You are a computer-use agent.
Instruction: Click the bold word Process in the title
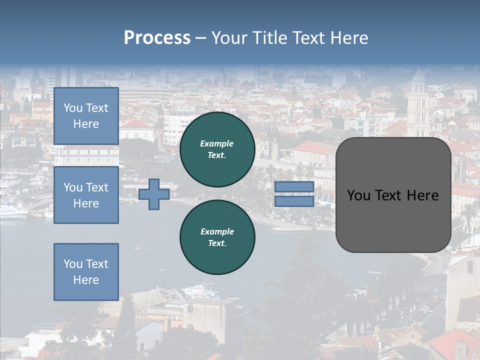[157, 38]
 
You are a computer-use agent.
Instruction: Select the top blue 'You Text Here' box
[86, 116]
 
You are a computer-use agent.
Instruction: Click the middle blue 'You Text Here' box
[86, 195]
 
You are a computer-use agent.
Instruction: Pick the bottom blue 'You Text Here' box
[86, 271]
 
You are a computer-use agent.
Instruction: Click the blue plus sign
[154, 194]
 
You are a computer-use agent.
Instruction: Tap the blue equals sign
[294, 194]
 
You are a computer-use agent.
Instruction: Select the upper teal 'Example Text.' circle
[217, 149]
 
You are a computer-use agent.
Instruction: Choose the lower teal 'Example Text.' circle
[217, 237]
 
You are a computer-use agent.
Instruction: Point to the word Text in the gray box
[395, 195]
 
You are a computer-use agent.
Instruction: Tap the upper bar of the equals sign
[294, 187]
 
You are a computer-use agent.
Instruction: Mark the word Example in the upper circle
[217, 143]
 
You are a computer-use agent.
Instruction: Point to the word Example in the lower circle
[217, 231]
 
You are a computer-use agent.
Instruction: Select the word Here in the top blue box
[86, 124]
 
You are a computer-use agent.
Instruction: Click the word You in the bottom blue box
[73, 263]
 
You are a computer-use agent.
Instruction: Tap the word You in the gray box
[358, 195]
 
